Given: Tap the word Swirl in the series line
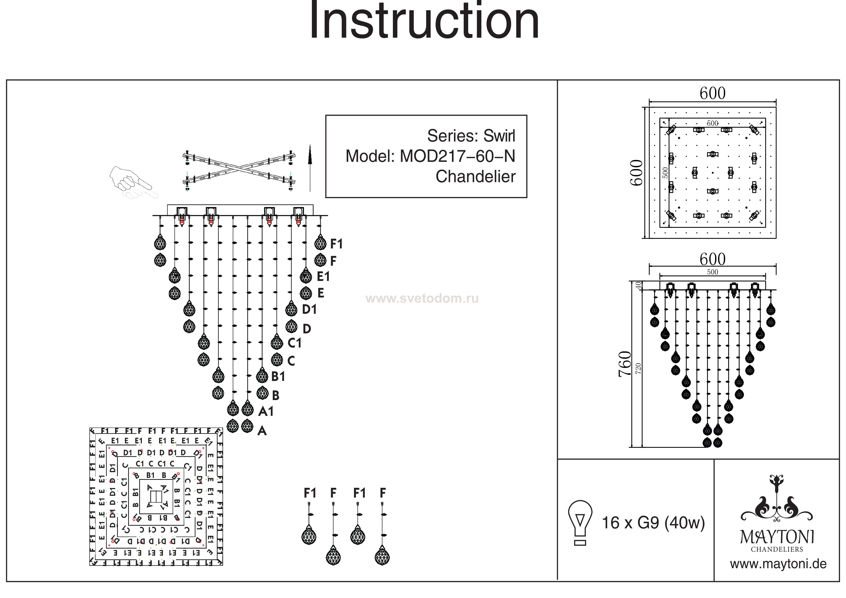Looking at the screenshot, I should [499, 136].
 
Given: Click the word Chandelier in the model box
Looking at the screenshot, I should [475, 177].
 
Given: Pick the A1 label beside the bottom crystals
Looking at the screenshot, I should [266, 411].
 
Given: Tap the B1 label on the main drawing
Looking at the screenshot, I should [278, 377].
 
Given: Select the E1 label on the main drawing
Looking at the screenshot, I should [323, 276].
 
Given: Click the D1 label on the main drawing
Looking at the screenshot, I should [309, 310].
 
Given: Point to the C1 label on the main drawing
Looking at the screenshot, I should [294, 343].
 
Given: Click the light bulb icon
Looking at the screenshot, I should [580, 522].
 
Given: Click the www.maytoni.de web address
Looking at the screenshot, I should [778, 564].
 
